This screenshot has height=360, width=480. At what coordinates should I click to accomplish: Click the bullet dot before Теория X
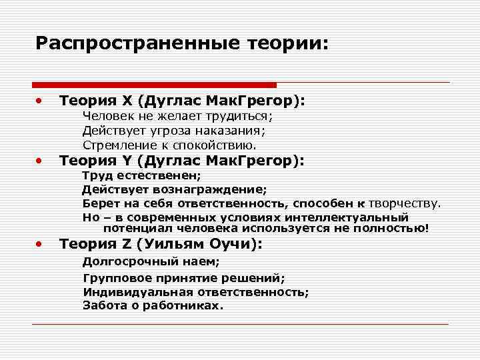click(x=40, y=101)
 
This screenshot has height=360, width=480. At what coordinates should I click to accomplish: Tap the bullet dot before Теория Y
click(x=40, y=161)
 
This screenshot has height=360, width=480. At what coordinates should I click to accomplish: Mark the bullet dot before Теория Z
click(x=40, y=245)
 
